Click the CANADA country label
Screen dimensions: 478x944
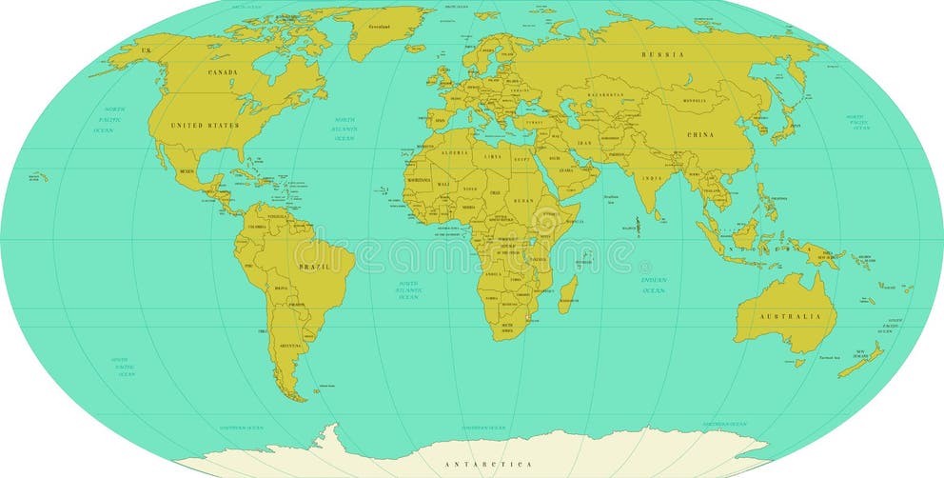coord(224,72)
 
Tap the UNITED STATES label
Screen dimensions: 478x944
coord(205,125)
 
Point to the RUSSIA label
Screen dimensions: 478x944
coord(663,55)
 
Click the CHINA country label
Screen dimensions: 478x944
coord(700,135)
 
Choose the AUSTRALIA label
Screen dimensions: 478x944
coord(790,316)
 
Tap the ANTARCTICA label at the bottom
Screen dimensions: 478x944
coord(488,464)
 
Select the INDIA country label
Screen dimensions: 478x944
coord(651,178)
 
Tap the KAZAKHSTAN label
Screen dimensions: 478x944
coord(605,95)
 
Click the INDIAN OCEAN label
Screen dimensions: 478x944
coord(653,285)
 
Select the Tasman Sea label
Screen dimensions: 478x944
coord(830,357)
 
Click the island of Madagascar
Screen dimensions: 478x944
coord(567,295)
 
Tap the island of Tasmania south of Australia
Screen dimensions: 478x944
coord(799,363)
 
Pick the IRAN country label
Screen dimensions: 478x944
coord(584,143)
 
